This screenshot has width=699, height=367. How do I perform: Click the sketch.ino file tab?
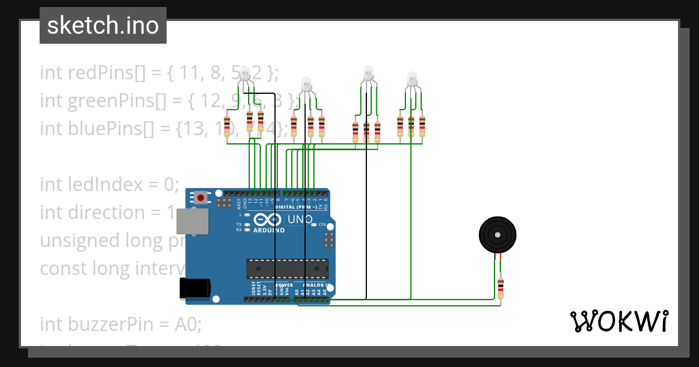coord(103,26)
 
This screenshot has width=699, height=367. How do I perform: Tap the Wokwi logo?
coord(618,321)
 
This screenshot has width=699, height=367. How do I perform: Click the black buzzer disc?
coord(497,235)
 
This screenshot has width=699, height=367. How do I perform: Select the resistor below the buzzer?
coord(500,288)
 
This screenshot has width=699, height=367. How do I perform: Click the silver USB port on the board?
coord(192,223)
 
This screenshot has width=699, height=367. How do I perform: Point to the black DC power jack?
coord(194,288)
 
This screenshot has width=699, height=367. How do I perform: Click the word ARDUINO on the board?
coord(269,230)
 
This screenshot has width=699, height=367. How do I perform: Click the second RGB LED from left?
coord(306,84)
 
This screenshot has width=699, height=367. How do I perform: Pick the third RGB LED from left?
coord(368,73)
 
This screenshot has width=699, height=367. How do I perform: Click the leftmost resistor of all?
coord(227,126)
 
